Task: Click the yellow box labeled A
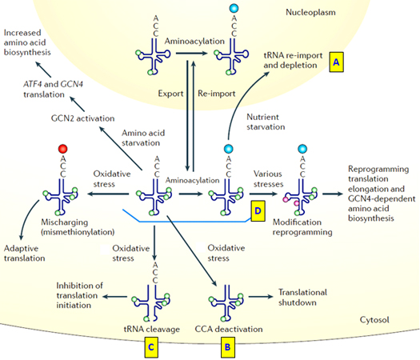click(338, 61)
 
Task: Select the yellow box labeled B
click(228, 346)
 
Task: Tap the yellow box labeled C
click(149, 346)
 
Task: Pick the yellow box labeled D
click(258, 210)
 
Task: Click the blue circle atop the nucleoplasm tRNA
click(233, 9)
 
